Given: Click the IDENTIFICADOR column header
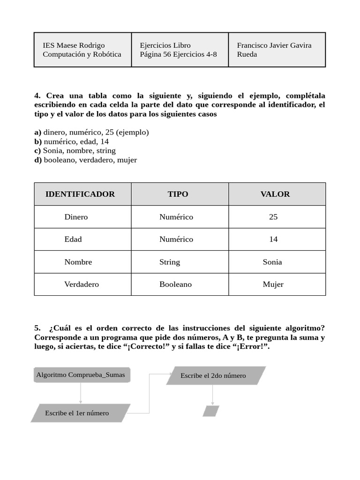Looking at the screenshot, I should (x=80, y=194).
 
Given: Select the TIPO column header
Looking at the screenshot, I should (x=178, y=194).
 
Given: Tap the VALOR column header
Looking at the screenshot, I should (x=275, y=194).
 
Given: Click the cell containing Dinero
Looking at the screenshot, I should (x=76, y=217).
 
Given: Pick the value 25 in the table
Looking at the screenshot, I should (x=273, y=217).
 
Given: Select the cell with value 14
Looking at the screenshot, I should (x=273, y=240).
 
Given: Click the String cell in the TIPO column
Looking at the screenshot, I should (x=170, y=262).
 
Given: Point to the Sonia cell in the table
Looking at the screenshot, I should (x=272, y=262).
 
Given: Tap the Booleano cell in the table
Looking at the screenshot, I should (x=175, y=285).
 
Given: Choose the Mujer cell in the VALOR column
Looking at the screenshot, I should (x=273, y=285).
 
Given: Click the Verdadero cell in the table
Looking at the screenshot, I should (x=82, y=285).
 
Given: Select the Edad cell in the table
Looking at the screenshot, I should (x=73, y=240).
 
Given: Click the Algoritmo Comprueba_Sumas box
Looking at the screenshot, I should (x=81, y=375).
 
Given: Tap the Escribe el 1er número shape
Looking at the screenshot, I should (x=77, y=413).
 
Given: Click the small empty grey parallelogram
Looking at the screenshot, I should (x=211, y=411).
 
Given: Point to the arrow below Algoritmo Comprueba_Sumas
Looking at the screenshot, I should (x=81, y=393).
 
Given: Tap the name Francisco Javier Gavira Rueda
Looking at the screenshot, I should (x=274, y=50).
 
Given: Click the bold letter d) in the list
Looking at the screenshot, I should (x=38, y=160).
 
